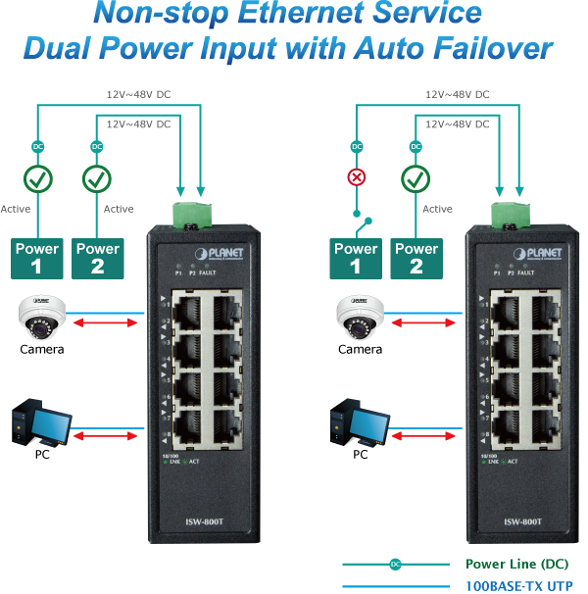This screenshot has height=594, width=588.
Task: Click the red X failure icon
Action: point(357,178)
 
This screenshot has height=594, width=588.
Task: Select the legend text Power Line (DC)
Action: point(516,564)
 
